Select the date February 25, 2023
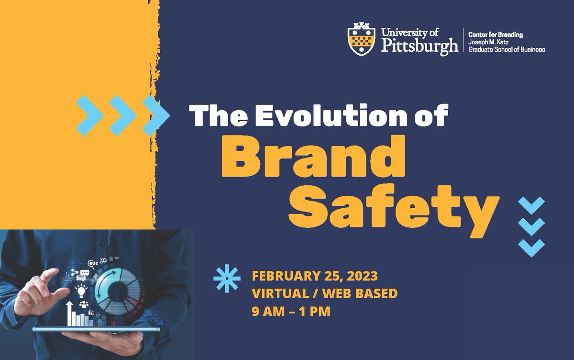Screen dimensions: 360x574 [315, 276]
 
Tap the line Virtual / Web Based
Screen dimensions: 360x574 [324, 293]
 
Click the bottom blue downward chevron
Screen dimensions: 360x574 [531, 248]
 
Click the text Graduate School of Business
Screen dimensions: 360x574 [507, 49]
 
